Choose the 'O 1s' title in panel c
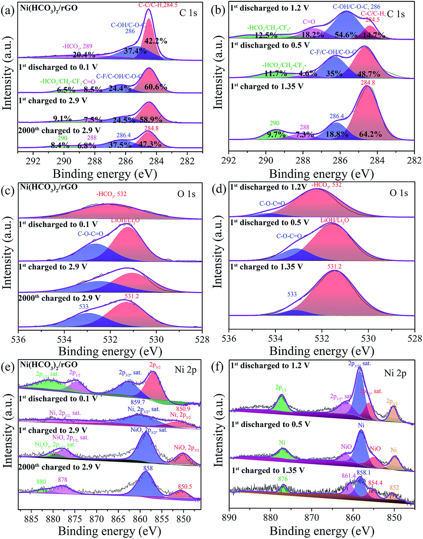186,194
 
